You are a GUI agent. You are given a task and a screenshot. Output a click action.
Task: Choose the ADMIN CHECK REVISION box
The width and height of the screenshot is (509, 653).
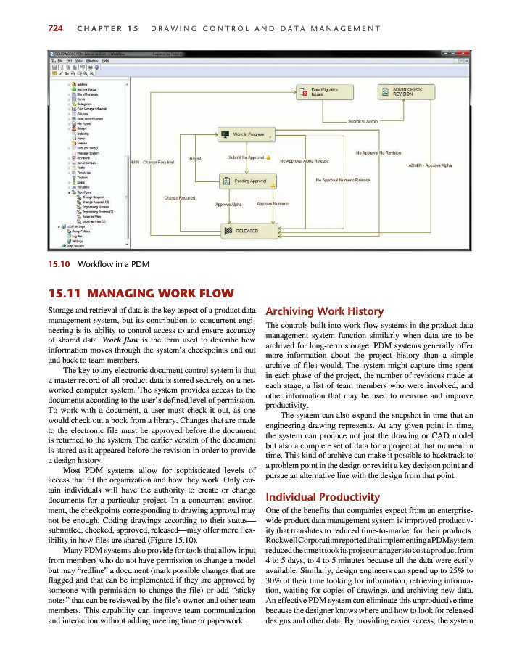[406, 91]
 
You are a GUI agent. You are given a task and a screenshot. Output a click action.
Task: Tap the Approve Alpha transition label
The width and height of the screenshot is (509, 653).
[228, 205]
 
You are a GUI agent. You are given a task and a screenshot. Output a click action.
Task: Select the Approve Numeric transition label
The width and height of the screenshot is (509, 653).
[273, 205]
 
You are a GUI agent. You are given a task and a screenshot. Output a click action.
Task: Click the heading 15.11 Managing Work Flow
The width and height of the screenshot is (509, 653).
[141, 294]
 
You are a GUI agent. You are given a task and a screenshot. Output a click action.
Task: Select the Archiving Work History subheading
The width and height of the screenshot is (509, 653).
[320, 311]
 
